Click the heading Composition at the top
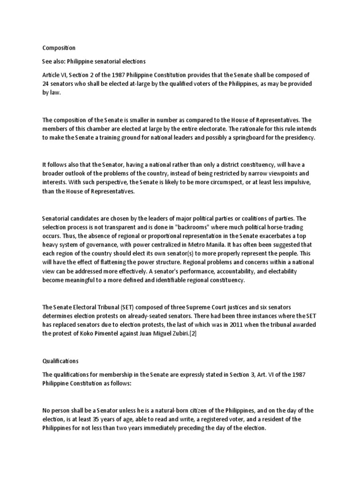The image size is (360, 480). tap(59, 48)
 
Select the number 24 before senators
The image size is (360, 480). tap(46, 84)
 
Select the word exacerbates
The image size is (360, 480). tap(285, 236)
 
